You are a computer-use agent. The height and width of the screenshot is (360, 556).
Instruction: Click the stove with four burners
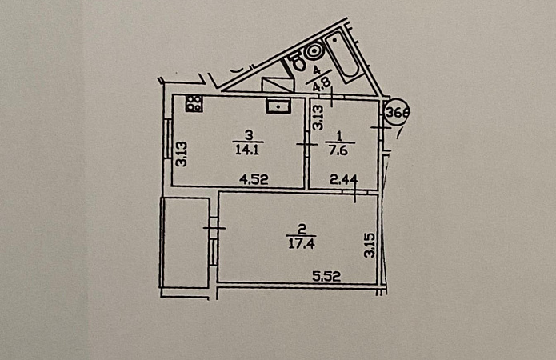click(x=194, y=103)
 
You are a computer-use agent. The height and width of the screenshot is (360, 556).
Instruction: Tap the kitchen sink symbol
click(x=278, y=106)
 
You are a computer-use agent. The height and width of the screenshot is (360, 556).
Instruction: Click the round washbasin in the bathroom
click(x=314, y=50)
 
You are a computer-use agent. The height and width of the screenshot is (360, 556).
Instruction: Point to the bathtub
click(x=342, y=57)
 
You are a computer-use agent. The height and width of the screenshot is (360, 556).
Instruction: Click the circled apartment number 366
click(x=397, y=113)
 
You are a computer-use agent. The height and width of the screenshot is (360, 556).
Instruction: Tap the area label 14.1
click(x=247, y=150)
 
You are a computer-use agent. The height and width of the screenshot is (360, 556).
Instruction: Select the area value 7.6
click(x=338, y=150)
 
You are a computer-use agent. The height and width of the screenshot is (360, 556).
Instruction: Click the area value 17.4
click(x=301, y=244)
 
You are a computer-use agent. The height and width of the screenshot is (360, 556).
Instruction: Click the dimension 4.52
click(x=254, y=179)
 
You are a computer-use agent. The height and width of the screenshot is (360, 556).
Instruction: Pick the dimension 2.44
click(x=343, y=180)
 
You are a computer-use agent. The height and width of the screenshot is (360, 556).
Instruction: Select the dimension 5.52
click(x=326, y=276)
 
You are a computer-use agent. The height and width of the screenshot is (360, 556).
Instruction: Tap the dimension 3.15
click(x=370, y=245)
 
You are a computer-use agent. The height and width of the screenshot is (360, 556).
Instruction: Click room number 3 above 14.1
click(x=249, y=135)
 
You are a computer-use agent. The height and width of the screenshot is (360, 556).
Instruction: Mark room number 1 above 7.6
click(x=339, y=136)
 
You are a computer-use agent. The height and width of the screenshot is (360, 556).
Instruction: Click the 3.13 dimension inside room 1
click(x=318, y=118)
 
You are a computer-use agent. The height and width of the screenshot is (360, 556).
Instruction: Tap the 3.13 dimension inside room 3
click(x=182, y=154)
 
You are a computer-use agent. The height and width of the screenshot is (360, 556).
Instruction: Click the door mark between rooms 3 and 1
click(x=306, y=144)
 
